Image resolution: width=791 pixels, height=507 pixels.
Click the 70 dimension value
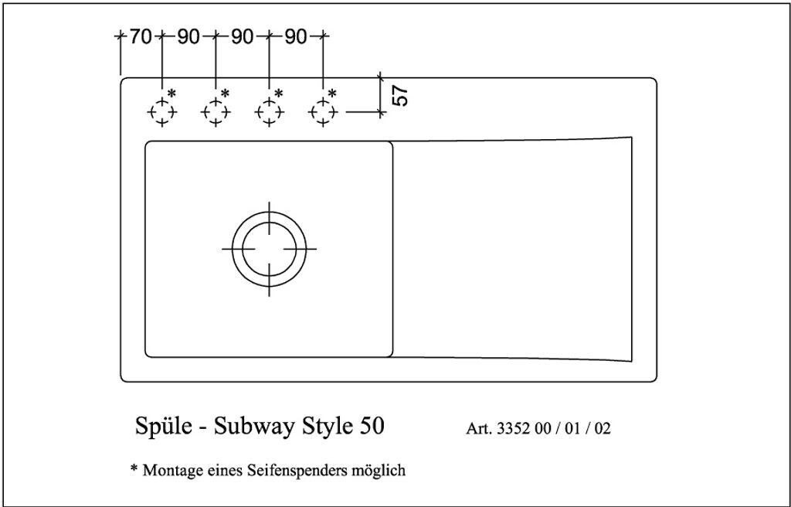[x=141, y=36]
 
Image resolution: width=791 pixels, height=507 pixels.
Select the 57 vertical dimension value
[x=401, y=95]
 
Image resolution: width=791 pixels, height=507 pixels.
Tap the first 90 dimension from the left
[x=188, y=36]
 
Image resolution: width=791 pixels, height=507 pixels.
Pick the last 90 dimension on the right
[x=296, y=36]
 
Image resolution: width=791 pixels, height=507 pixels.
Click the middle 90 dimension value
[x=242, y=36]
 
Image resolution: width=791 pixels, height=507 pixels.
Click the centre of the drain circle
[x=269, y=249]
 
